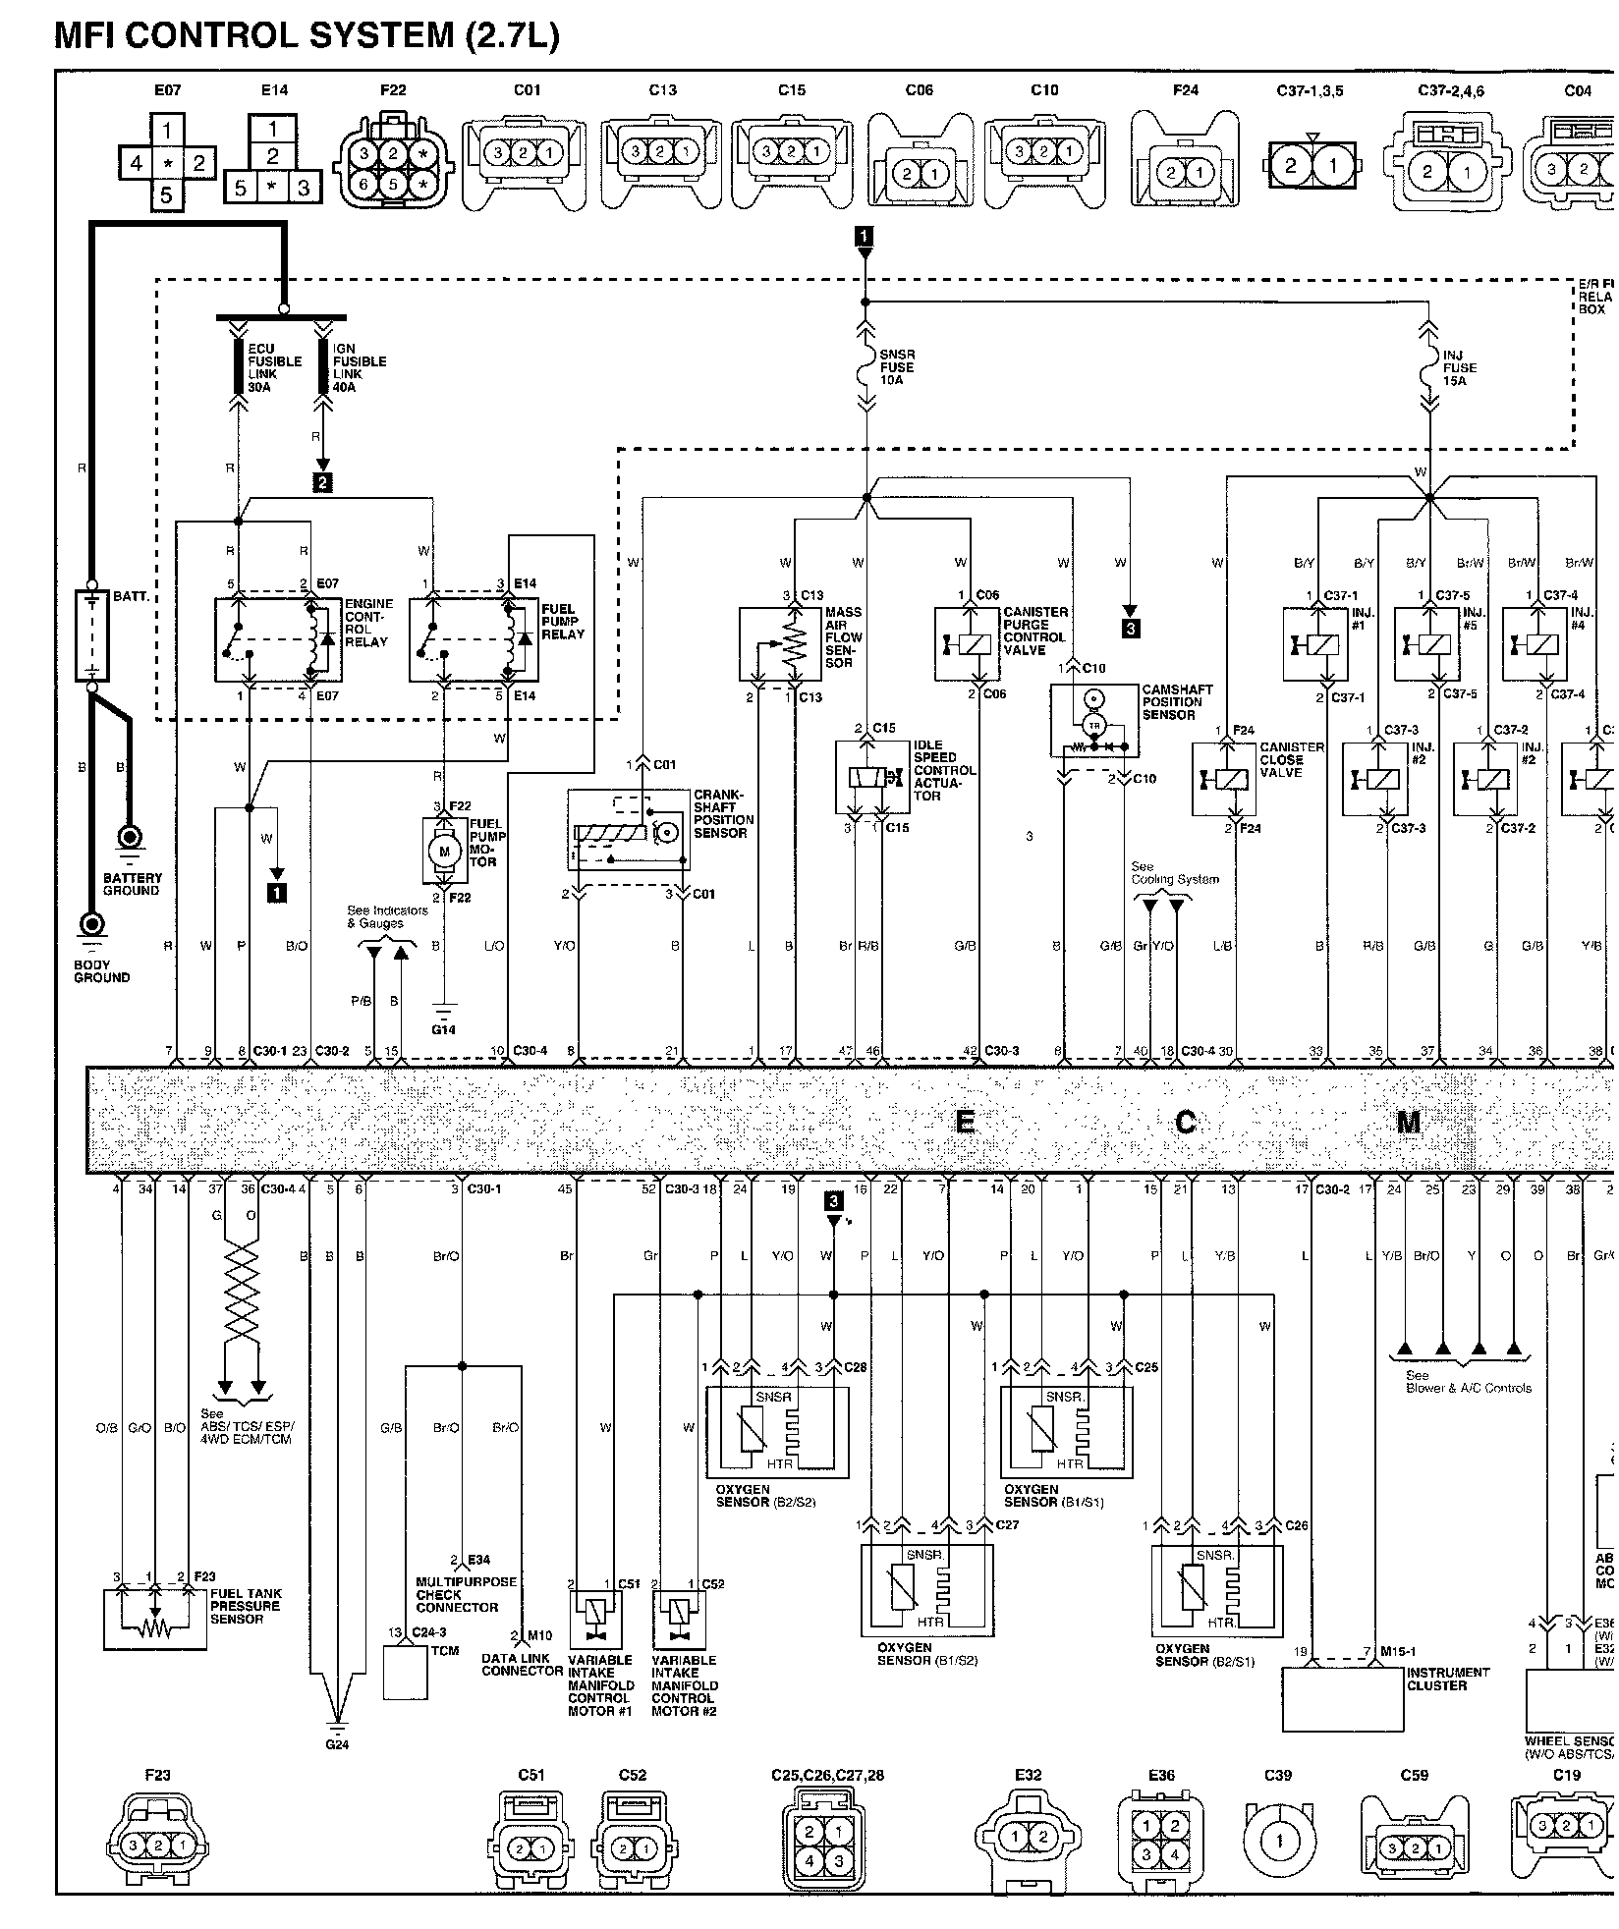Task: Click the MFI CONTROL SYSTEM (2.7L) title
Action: [x=306, y=35]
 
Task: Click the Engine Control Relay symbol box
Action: [x=279, y=637]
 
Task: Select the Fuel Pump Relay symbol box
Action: [x=474, y=637]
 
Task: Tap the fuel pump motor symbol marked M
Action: [x=444, y=850]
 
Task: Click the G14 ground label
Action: [x=444, y=1029]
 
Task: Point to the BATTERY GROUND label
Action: [x=132, y=884]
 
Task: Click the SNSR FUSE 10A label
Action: [x=897, y=367]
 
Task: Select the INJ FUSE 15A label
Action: [x=1460, y=367]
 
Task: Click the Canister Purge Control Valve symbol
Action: [x=969, y=643]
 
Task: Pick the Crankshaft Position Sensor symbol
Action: [x=629, y=830]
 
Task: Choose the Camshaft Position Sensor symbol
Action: [x=1093, y=721]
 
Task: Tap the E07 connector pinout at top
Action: [x=167, y=162]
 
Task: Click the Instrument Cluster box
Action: [x=1343, y=1700]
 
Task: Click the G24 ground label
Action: [x=337, y=1745]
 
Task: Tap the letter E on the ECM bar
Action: [x=965, y=1121]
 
